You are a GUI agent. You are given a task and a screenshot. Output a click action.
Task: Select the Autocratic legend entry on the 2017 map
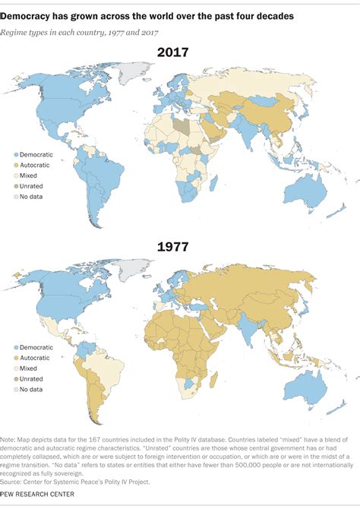point(34,163)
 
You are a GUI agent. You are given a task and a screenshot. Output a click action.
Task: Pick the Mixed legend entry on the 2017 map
point(29,174)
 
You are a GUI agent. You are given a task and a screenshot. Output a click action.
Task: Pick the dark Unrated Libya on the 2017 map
point(179,125)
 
